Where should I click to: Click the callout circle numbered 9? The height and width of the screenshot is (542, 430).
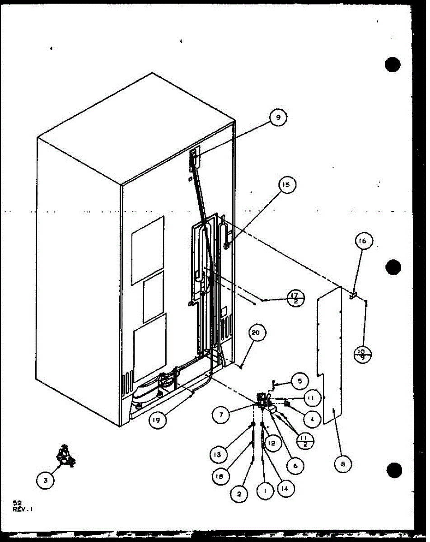(278, 118)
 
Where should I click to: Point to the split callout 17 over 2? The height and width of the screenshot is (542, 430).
(296, 299)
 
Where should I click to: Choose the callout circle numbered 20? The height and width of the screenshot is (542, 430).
(256, 334)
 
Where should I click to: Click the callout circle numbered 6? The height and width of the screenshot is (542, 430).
(295, 465)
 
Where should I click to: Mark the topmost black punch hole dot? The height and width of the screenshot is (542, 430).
(393, 65)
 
